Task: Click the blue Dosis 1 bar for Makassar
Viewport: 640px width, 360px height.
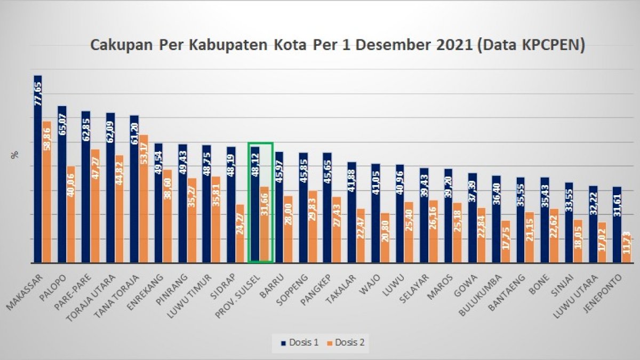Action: (37, 171)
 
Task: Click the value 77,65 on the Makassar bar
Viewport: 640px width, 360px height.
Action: (38, 94)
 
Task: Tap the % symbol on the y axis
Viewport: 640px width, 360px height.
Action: (15, 155)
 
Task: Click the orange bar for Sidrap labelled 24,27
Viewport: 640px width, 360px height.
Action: (241, 235)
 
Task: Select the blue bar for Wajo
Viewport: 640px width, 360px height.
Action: (376, 213)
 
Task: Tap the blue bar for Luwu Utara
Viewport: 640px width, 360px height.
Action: (593, 224)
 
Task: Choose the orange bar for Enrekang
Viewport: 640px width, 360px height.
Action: (167, 216)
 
